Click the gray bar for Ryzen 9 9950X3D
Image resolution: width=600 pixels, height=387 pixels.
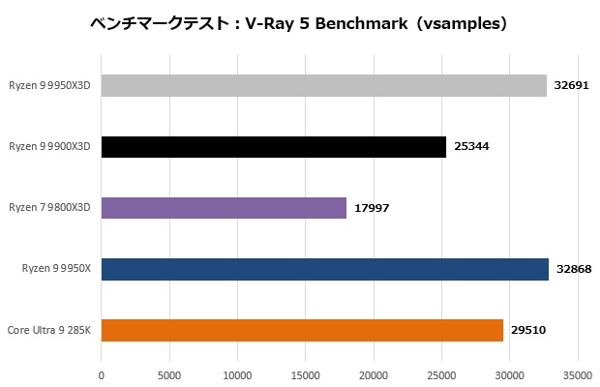click(x=323, y=86)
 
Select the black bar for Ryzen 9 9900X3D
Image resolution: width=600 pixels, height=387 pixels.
click(x=273, y=147)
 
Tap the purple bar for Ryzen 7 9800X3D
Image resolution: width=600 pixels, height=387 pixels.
click(x=224, y=208)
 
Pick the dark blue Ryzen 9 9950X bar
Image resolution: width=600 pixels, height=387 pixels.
click(x=324, y=269)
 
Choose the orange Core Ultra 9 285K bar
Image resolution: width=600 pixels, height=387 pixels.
click(x=302, y=330)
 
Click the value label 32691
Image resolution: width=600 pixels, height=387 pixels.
click(x=571, y=86)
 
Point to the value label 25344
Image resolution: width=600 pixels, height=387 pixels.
click(x=470, y=147)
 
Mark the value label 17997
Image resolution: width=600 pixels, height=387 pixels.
click(x=371, y=208)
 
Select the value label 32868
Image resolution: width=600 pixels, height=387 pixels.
click(x=573, y=269)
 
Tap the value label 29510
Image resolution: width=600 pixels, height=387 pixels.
click(x=527, y=330)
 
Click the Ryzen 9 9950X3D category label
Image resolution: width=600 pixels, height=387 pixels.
click(x=49, y=86)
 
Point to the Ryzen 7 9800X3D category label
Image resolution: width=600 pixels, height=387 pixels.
click(x=49, y=208)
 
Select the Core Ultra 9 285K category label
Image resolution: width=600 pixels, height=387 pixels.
click(x=48, y=330)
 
